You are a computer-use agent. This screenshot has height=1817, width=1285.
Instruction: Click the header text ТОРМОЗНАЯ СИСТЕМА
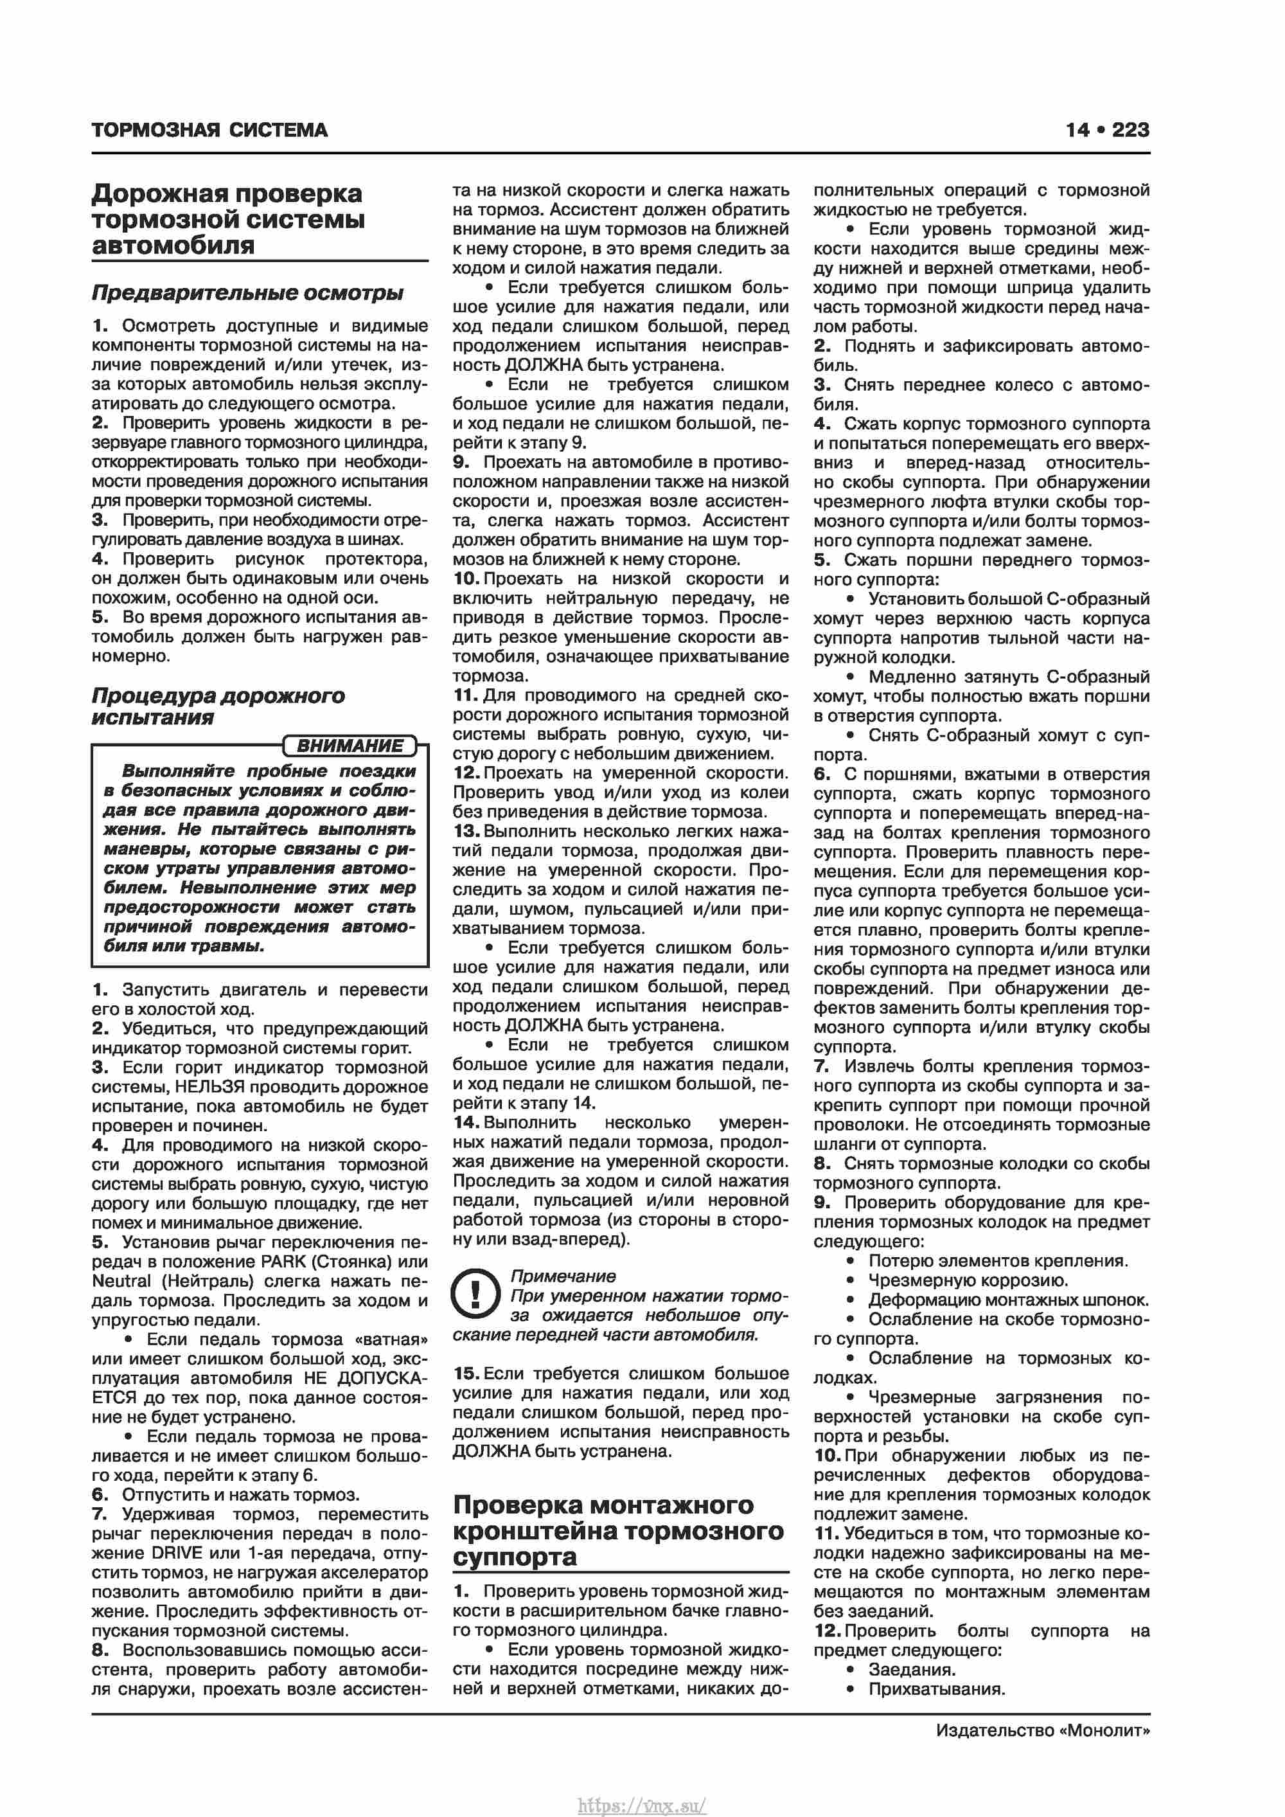(x=209, y=130)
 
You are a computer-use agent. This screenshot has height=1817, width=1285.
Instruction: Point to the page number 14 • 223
(x=1106, y=130)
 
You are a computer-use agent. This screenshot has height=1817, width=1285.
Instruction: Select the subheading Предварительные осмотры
(x=247, y=293)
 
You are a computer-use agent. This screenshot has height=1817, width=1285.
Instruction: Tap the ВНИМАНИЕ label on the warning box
(x=349, y=746)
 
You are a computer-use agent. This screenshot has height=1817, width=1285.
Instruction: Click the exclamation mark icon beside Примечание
(x=475, y=1294)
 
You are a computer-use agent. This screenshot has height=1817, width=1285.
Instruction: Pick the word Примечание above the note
(x=563, y=1276)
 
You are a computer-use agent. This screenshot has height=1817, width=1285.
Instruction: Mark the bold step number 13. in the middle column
(x=467, y=831)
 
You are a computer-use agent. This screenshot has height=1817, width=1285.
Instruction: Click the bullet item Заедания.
(x=912, y=1670)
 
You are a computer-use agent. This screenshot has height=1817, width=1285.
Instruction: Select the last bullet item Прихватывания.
(x=937, y=1689)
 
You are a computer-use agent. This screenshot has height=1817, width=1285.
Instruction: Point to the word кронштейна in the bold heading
(x=535, y=1532)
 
